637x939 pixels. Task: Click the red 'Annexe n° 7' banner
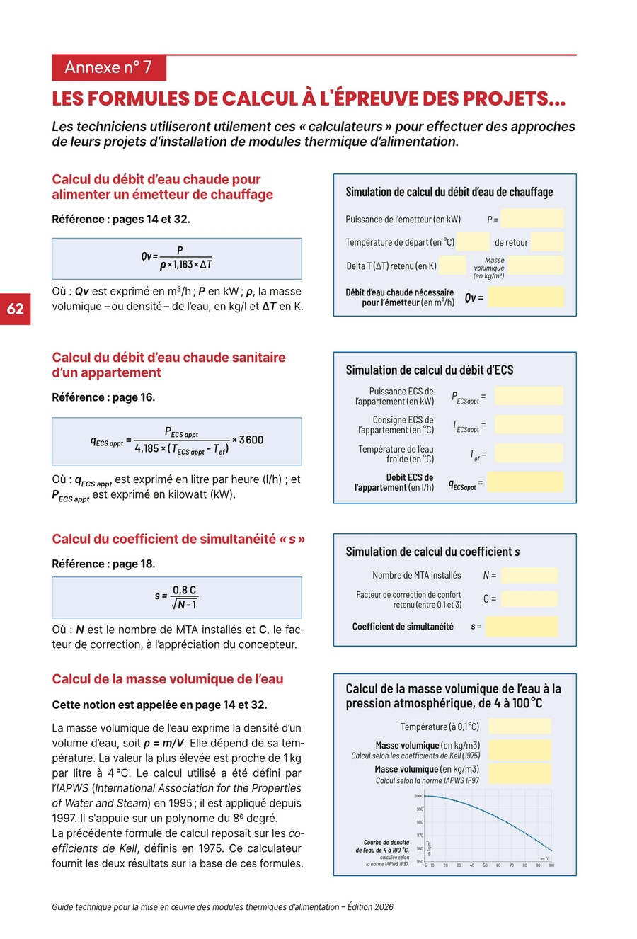108,67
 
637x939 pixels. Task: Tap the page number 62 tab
16,309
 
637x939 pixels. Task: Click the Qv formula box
176,258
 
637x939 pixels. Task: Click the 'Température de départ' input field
473,242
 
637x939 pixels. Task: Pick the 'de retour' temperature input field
546,242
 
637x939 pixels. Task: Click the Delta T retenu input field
453,266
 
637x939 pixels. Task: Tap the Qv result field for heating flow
526,297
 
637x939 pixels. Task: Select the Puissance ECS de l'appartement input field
528,396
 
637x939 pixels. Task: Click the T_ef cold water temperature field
528,453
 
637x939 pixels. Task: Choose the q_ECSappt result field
525,483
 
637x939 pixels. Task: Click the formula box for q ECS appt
176,440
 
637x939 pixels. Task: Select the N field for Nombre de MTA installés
529,575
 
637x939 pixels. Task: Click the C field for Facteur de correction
529,598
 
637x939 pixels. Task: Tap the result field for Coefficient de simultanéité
522,626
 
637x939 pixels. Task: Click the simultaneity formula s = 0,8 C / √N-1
176,597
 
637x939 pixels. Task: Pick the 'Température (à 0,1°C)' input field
520,726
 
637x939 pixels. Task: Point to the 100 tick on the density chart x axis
551,865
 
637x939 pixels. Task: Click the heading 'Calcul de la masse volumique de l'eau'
168,679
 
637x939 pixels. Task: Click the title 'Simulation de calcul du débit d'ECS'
430,370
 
